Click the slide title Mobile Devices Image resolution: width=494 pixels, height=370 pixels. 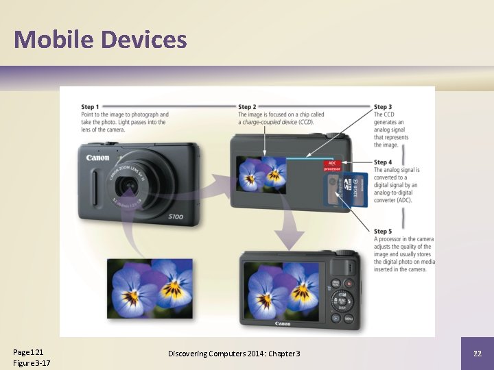coord(100,39)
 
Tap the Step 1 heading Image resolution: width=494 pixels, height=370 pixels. coord(90,107)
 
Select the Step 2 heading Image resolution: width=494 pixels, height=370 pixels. coord(247,107)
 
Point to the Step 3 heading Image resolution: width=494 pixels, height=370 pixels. coord(383,107)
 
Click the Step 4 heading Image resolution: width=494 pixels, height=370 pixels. coord(383,162)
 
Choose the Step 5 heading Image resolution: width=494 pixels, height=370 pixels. coord(383,231)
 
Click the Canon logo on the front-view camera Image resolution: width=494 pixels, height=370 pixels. coord(97,158)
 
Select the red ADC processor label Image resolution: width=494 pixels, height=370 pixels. coord(332,166)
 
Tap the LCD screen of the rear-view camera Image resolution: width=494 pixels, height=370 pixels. coord(282,292)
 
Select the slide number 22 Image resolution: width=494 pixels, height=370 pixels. coord(477,353)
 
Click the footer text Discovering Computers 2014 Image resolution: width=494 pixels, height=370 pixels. coord(234,353)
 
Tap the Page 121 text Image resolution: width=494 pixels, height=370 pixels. coord(28,351)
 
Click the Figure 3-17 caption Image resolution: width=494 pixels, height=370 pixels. coord(32,362)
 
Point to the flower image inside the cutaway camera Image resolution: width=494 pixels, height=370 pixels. coord(261,174)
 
